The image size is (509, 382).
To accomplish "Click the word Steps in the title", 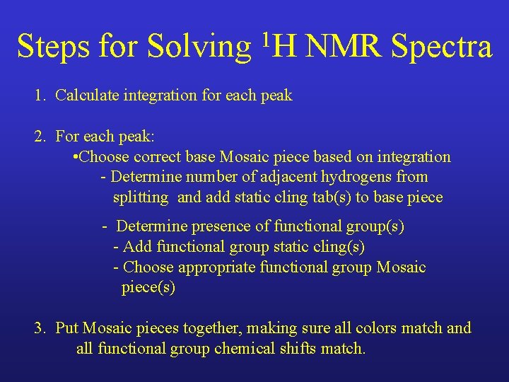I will (x=53, y=47).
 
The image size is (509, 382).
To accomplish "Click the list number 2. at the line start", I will (x=40, y=137).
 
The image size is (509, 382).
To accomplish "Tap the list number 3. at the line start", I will (x=40, y=328).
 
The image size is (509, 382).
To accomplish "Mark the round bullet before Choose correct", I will (x=76, y=157).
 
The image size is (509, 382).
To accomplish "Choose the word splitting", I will (x=141, y=198).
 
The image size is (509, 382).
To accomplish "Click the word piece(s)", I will (x=148, y=288).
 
